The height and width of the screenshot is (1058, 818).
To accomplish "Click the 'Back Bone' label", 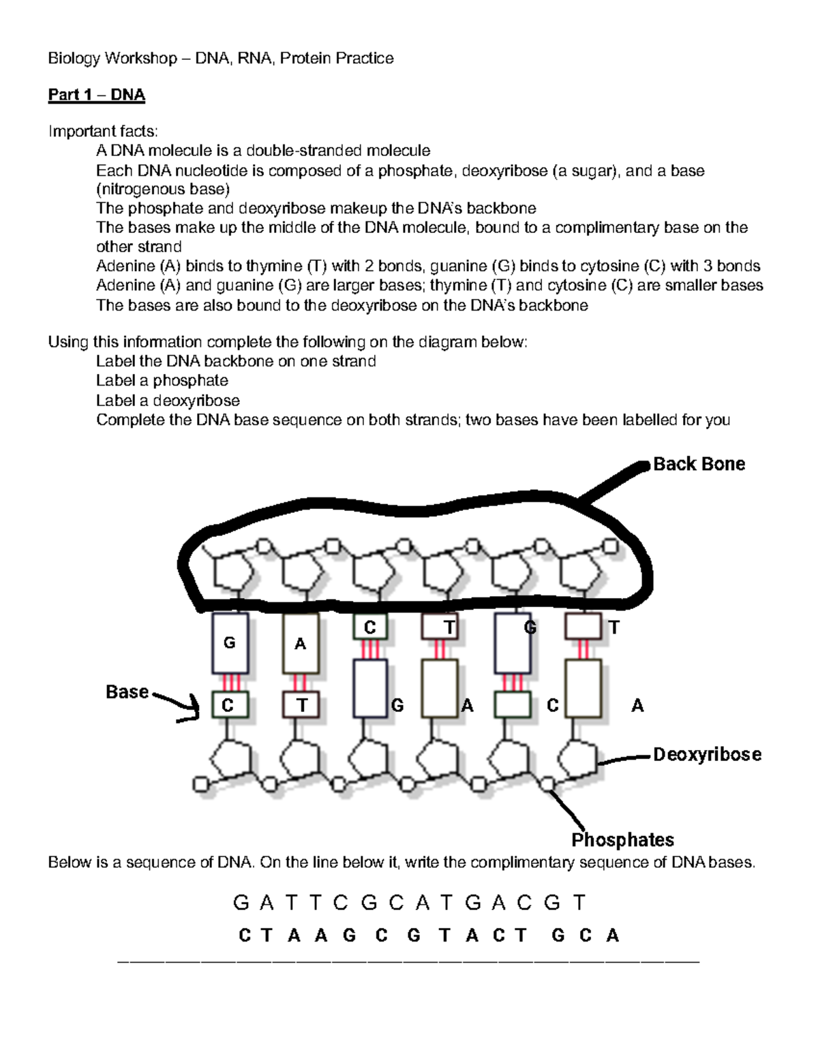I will coord(699,464).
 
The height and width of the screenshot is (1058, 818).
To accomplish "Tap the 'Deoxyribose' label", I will coord(707,754).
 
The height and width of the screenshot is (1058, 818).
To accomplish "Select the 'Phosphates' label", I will coord(622,839).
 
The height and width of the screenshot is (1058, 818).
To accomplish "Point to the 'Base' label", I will coord(127,692).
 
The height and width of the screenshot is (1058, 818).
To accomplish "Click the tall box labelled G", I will coord(230,643).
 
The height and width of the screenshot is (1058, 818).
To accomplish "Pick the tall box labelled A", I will coord(300,644).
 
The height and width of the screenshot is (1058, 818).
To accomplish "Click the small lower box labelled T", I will coord(301,705).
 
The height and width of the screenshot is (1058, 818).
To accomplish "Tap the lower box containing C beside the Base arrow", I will coord(229,705).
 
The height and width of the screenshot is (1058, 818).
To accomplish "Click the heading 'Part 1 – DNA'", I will coord(96,95).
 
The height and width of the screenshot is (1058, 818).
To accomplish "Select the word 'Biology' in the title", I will coord(73,59).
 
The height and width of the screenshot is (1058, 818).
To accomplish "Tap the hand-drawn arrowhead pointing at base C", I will coord(193,712).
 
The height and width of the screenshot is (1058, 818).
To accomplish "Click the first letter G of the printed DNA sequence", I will coord(241,903).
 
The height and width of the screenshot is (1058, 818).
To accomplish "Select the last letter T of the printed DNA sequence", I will coord(579,903).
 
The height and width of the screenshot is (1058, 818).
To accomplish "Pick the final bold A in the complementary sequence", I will coord(612,936).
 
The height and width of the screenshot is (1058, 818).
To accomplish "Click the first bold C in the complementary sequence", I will coord(245,936).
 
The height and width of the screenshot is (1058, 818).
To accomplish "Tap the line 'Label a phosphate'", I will coord(162,381).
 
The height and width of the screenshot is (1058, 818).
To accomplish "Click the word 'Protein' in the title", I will coord(306,59).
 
